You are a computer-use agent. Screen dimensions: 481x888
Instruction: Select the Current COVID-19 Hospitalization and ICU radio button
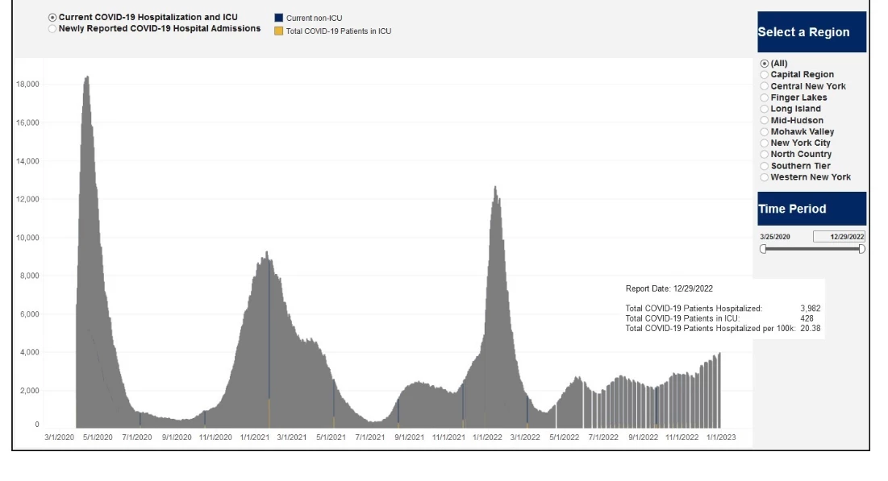52,17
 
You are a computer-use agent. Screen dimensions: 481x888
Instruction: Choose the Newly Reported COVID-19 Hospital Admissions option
52,28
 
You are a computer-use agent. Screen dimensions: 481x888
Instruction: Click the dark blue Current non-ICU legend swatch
278,18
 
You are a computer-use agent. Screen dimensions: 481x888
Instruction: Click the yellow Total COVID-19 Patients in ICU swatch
278,31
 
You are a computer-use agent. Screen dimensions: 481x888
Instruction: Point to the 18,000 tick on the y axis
28,85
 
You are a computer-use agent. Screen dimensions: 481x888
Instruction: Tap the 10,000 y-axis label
28,238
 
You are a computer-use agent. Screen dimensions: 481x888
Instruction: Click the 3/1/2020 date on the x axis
59,437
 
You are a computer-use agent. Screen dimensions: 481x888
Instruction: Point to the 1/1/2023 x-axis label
720,437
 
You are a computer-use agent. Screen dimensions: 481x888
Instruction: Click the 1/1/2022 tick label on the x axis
486,437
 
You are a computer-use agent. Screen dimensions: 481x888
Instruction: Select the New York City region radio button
764,143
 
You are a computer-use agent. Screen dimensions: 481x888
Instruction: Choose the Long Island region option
764,109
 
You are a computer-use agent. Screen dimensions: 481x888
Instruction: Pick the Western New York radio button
764,177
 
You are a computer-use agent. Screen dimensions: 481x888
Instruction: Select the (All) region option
764,64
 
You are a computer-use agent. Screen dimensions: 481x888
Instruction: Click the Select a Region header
811,32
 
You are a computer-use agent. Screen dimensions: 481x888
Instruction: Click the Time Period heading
811,209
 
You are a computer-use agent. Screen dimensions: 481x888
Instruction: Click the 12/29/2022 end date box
839,237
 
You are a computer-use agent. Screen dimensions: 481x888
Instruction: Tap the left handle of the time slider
763,249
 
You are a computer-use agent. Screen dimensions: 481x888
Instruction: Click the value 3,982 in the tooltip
810,309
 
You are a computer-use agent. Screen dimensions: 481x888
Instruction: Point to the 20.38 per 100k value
810,328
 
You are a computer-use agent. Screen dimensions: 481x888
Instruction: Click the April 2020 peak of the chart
87,78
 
